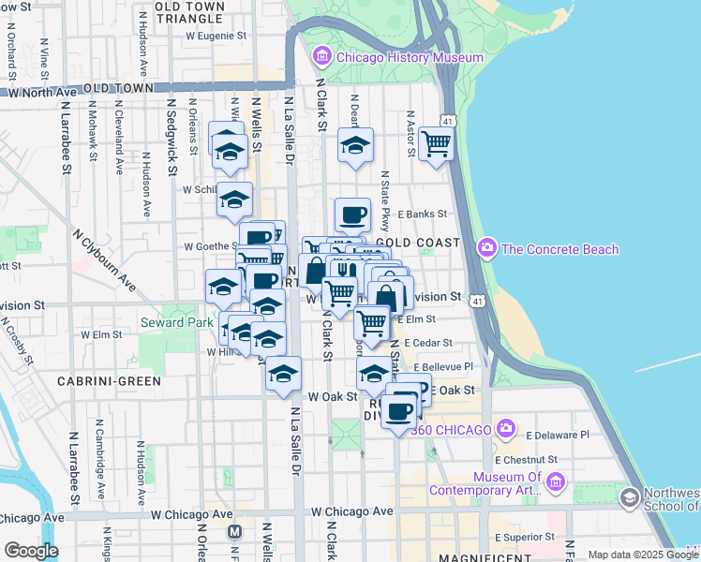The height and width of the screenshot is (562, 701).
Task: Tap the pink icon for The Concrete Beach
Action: click(486, 248)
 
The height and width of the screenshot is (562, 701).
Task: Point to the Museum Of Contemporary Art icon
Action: click(556, 482)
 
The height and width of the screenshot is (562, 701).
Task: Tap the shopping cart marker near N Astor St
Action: click(436, 143)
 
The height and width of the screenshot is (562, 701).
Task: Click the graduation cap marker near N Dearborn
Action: click(356, 145)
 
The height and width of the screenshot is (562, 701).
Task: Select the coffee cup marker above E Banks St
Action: click(352, 215)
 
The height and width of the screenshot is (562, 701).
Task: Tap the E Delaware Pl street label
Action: click(558, 435)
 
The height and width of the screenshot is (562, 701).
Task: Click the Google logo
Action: click(30, 551)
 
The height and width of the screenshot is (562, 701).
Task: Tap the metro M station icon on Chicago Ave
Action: click(234, 531)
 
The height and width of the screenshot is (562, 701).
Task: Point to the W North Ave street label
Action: click(42, 93)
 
